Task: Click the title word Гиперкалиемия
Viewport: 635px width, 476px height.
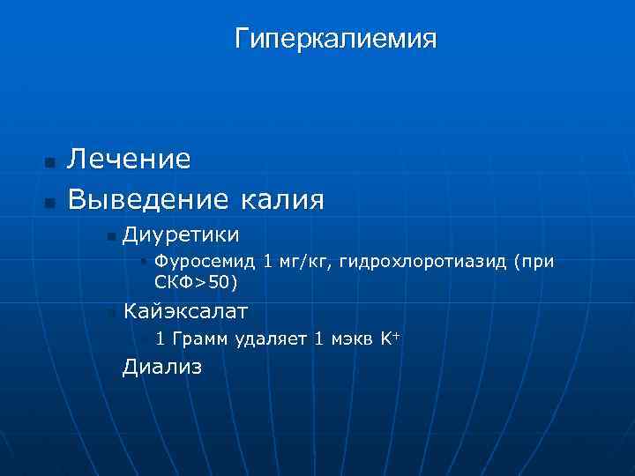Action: [336, 40]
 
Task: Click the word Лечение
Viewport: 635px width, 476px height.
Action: [130, 159]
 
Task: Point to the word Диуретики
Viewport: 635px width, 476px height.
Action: [181, 234]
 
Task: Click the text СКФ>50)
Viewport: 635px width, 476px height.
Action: [196, 283]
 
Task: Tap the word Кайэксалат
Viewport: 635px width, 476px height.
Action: [186, 311]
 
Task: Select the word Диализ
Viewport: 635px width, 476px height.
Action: [162, 367]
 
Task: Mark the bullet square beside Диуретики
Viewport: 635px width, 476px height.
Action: [109, 236]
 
